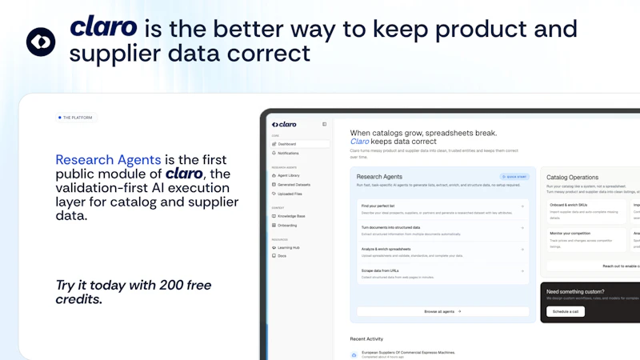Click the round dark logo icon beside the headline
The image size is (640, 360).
pyautogui.click(x=41, y=42)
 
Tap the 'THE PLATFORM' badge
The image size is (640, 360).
pyautogui.click(x=75, y=118)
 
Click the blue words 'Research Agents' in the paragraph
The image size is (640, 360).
pyautogui.click(x=108, y=160)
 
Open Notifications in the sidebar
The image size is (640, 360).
pyautogui.click(x=290, y=153)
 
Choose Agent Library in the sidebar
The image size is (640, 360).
pyautogui.click(x=290, y=175)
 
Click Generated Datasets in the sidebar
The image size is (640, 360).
pyautogui.click(x=294, y=184)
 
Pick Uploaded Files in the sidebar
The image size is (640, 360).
pyautogui.click(x=290, y=194)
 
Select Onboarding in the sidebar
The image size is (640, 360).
pyautogui.click(x=288, y=226)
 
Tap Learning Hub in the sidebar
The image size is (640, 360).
pyautogui.click(x=290, y=247)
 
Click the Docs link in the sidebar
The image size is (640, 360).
pyautogui.click(x=282, y=256)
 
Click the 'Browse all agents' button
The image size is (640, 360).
pyautogui.click(x=442, y=311)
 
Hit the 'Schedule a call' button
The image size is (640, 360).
pyautogui.click(x=565, y=311)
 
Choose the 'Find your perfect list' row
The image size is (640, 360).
pyautogui.click(x=442, y=208)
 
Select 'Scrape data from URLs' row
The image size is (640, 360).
pyautogui.click(x=442, y=273)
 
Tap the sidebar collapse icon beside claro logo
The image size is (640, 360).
pyautogui.click(x=324, y=124)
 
